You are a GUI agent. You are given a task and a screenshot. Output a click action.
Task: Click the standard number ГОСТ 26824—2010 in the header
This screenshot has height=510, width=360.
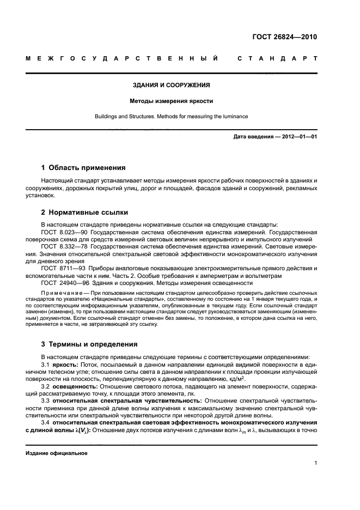click(x=284, y=38)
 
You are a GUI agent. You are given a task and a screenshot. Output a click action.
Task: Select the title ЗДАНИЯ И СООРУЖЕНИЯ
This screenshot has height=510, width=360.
click(x=172, y=86)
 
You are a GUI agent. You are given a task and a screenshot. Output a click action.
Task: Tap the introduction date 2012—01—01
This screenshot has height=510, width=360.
click(x=297, y=137)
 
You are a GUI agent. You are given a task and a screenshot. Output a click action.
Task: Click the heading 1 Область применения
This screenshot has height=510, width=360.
click(x=83, y=168)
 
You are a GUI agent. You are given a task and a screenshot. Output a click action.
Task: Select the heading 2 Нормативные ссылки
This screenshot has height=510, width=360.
click(x=85, y=212)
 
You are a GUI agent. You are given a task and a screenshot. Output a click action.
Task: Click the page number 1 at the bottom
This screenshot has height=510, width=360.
click(x=315, y=463)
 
